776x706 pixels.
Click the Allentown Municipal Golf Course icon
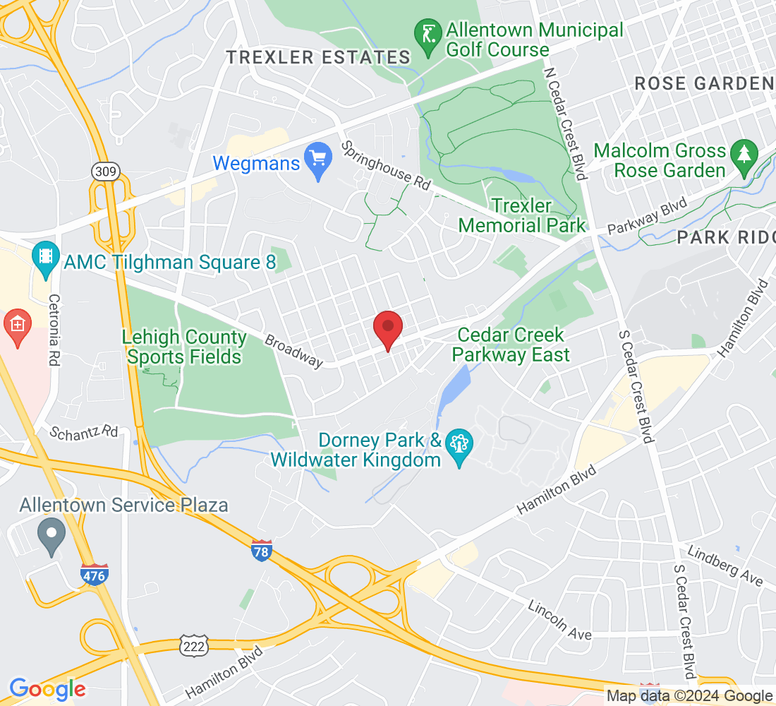pyautogui.click(x=428, y=39)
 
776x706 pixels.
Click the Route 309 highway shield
pyautogui.click(x=105, y=172)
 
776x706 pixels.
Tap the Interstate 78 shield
pyautogui.click(x=261, y=549)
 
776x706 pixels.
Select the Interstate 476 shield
pyautogui.click(x=94, y=574)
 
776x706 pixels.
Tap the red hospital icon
pyautogui.click(x=16, y=325)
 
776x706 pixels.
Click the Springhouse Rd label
pyautogui.click(x=386, y=167)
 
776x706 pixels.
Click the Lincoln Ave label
pyautogui.click(x=560, y=620)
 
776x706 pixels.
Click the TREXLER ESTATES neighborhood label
pyautogui.click(x=318, y=58)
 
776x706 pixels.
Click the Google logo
pyautogui.click(x=48, y=689)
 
